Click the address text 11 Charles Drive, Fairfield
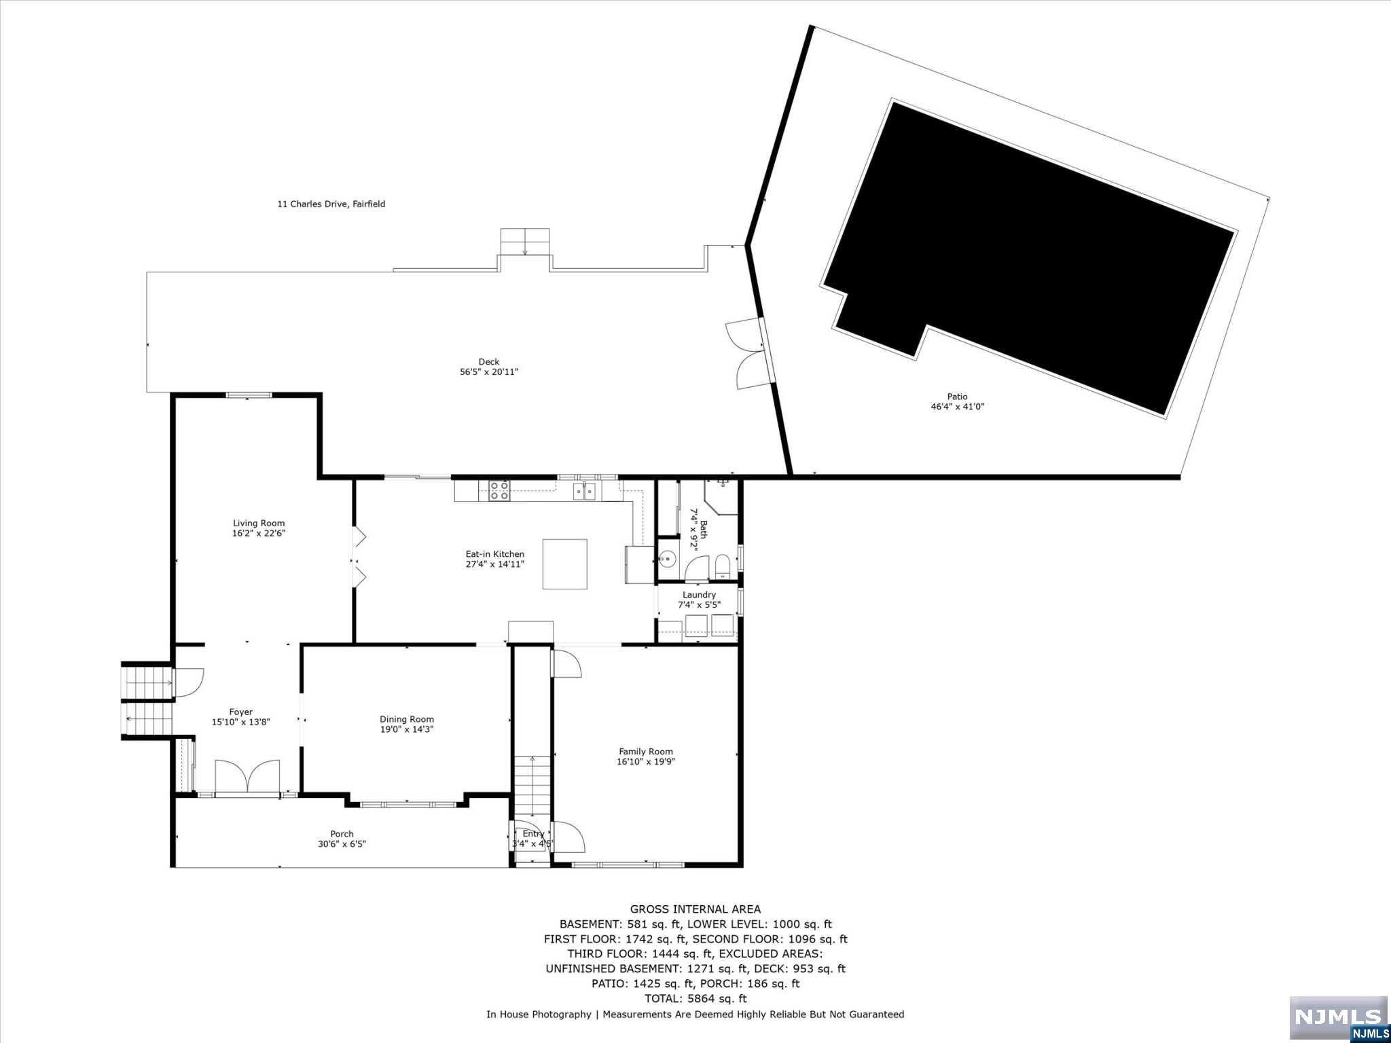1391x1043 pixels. click(331, 204)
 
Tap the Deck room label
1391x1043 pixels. click(488, 362)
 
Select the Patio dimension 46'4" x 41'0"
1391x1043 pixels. click(957, 407)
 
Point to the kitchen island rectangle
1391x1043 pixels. click(564, 564)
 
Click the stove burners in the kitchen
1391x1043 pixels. click(499, 490)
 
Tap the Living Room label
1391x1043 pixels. click(259, 523)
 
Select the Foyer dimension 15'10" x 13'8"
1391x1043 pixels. click(240, 722)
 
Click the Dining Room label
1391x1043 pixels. click(406, 719)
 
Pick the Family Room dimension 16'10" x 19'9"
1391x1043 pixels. click(645, 762)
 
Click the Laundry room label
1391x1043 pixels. click(699, 595)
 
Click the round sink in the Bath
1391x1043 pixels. click(668, 560)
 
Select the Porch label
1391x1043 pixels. click(342, 834)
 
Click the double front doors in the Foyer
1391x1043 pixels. click(247, 777)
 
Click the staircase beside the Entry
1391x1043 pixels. click(532, 788)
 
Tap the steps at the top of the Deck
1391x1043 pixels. click(524, 242)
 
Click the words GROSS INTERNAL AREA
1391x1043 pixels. click(695, 909)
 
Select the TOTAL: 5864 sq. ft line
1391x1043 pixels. click(695, 998)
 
